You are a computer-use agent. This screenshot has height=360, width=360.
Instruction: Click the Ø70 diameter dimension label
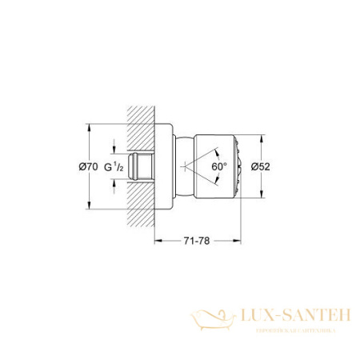coord(89,166)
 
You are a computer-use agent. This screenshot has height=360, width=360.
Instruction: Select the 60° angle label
coord(219,166)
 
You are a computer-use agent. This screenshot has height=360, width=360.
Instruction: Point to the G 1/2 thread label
coord(118,166)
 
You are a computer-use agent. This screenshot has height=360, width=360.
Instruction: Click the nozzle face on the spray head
coord(234,166)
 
